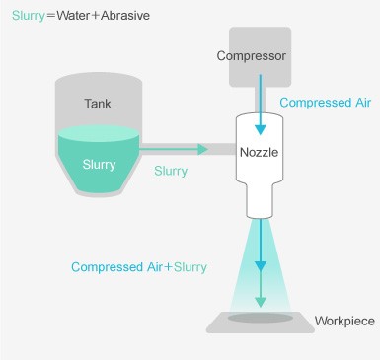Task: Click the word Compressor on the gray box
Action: click(x=251, y=56)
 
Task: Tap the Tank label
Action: click(x=98, y=104)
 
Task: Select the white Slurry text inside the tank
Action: click(x=99, y=164)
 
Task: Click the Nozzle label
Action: click(x=259, y=152)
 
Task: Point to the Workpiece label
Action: click(x=344, y=321)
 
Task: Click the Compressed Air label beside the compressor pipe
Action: click(x=326, y=103)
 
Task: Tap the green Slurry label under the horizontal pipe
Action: click(x=171, y=171)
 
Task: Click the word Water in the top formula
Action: click(x=72, y=16)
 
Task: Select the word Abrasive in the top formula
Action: click(x=125, y=16)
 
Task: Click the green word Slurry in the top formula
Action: click(x=29, y=16)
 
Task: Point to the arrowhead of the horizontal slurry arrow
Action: click(x=202, y=149)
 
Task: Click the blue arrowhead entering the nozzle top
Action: click(x=261, y=129)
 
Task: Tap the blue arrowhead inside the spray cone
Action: click(x=261, y=266)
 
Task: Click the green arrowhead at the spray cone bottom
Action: click(x=261, y=302)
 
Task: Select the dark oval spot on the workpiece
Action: click(x=261, y=318)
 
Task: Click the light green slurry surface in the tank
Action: click(x=99, y=134)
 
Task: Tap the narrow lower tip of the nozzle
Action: click(x=260, y=214)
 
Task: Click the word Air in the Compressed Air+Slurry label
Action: click(x=155, y=267)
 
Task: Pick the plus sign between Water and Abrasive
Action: click(x=95, y=16)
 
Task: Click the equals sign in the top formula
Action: click(x=51, y=16)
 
